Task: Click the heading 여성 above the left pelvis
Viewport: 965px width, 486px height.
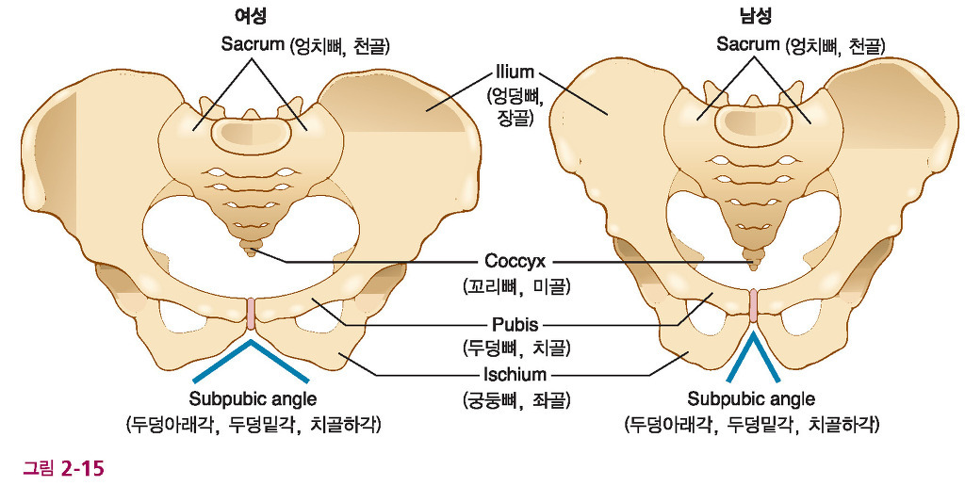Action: click(251, 16)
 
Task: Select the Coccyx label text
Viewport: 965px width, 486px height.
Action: click(515, 261)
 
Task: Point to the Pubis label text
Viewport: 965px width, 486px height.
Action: click(515, 326)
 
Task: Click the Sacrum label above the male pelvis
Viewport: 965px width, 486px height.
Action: click(747, 44)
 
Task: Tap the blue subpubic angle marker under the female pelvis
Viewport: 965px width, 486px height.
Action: click(252, 354)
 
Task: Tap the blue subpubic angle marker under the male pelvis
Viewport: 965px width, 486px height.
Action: click(753, 352)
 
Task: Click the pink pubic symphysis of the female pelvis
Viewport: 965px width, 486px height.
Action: click(252, 314)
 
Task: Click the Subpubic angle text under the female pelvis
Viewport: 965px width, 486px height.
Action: click(253, 398)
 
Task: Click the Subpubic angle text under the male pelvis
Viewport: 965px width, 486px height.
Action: click(751, 398)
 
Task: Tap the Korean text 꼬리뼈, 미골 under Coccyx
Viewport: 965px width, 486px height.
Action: click(515, 283)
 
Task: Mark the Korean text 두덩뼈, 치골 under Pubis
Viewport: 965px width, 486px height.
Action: click(515, 348)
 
